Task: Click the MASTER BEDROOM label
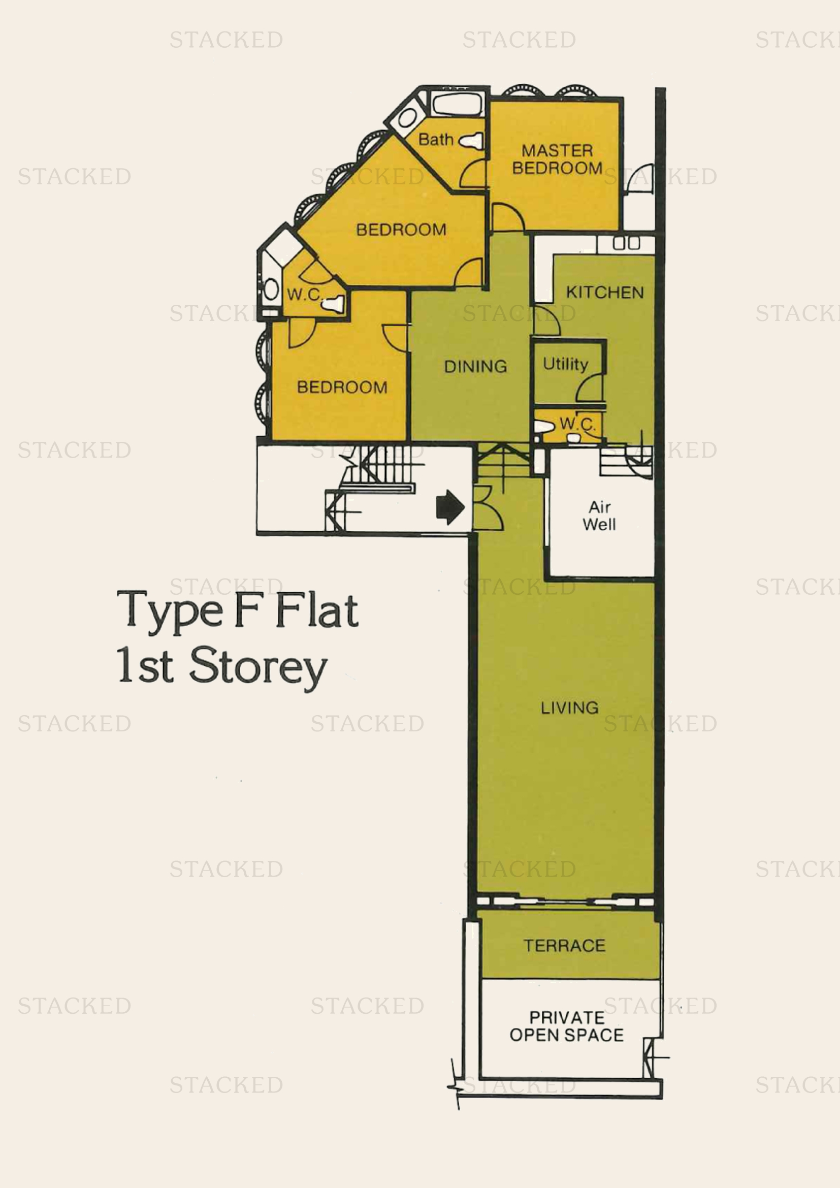coord(557,159)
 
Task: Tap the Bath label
coord(436,139)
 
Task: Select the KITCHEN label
coord(605,293)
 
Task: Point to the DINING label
coord(475,366)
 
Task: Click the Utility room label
coord(565,364)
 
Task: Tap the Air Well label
coord(599,516)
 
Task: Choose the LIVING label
coord(569,708)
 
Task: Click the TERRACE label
coord(564,945)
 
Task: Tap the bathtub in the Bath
coord(458,105)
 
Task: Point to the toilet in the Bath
coord(471,140)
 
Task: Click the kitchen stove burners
coord(626,243)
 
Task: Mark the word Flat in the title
coord(316,611)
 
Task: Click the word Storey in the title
coord(257,667)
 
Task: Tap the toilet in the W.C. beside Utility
coord(543,427)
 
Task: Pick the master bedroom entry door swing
coord(508,217)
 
